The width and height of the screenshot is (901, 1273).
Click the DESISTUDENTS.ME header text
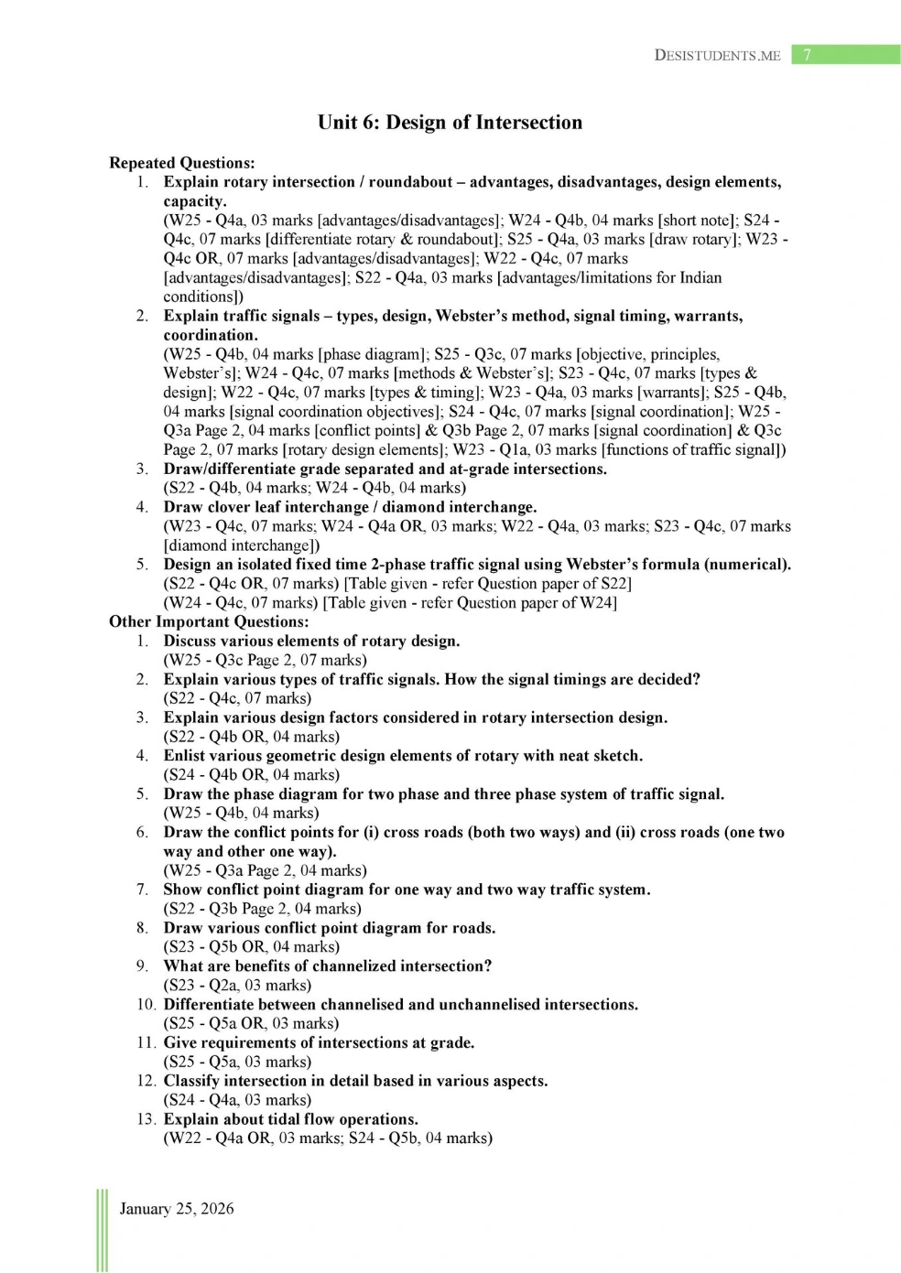click(x=717, y=55)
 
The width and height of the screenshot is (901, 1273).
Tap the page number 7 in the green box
click(x=807, y=55)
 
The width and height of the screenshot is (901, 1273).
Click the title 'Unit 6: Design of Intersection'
click(x=450, y=123)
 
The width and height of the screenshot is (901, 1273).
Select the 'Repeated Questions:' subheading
click(x=181, y=163)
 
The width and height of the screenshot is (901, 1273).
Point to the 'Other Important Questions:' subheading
click(x=209, y=621)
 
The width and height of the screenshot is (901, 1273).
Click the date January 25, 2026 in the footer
click(x=177, y=1208)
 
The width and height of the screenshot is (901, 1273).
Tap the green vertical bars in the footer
click(x=101, y=1230)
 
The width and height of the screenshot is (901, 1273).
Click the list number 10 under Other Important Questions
click(x=147, y=1004)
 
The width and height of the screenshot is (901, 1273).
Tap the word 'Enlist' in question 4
click(x=187, y=756)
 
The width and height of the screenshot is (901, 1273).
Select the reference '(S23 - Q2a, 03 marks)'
click(x=237, y=985)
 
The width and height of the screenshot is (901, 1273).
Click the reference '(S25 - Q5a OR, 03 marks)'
click(x=251, y=1023)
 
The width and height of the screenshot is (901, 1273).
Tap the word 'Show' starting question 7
click(x=183, y=890)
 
